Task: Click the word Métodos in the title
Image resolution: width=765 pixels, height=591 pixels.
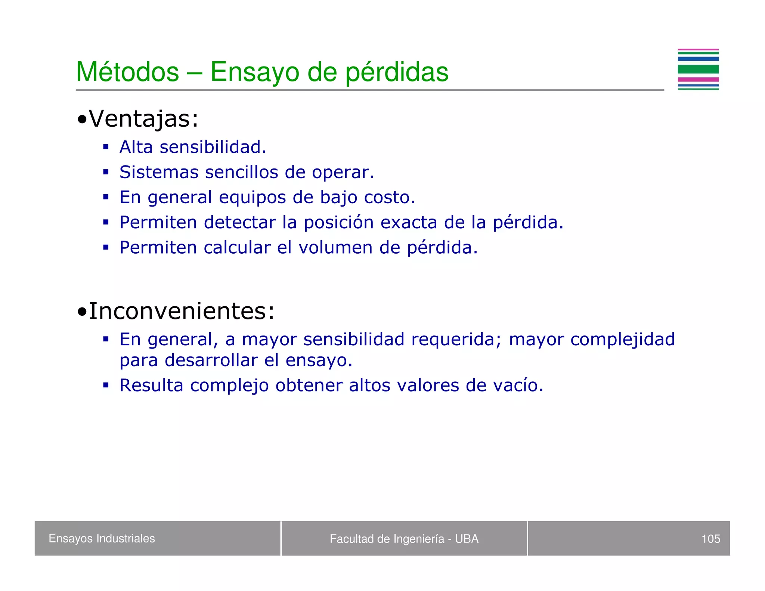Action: pyautogui.click(x=127, y=72)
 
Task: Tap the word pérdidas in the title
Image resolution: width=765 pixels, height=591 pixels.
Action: pyautogui.click(x=396, y=72)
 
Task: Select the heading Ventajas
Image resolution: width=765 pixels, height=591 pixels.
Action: pyautogui.click(x=143, y=119)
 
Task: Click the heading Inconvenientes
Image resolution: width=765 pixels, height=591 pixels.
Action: pyautogui.click(x=182, y=311)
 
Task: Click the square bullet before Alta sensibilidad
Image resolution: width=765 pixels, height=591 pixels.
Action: pyautogui.click(x=106, y=147)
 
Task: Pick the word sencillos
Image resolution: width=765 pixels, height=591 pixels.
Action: pyautogui.click(x=241, y=172)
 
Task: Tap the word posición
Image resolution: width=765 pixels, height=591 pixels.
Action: pyautogui.click(x=338, y=223)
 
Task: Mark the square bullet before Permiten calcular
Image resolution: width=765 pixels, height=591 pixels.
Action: pyautogui.click(x=106, y=247)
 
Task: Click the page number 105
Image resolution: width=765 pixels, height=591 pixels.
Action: pyautogui.click(x=710, y=539)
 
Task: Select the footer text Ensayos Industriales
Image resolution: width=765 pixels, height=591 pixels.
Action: pyautogui.click(x=102, y=538)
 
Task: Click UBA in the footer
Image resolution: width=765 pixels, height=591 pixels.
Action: pyautogui.click(x=467, y=539)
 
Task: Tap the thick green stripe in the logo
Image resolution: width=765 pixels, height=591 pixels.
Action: pyautogui.click(x=698, y=69)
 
